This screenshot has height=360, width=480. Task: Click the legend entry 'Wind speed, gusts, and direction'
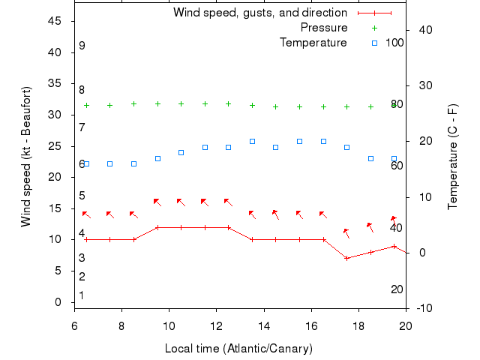260,13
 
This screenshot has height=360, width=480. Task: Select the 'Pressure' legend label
324,28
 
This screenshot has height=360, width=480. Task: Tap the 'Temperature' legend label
313,43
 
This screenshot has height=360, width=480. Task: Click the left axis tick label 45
55,21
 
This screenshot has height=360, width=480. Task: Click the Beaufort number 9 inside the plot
82,46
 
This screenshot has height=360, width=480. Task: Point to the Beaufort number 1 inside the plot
82,295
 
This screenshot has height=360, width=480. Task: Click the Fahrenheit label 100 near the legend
394,43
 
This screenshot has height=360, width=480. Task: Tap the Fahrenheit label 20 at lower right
397,289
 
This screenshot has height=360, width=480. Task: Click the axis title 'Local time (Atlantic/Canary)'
238,349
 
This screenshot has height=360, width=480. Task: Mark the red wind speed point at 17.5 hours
346,258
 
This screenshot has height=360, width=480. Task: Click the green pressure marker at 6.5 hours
86,106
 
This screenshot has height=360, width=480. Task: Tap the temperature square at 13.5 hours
252,141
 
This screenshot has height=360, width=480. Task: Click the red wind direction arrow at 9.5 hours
157,202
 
